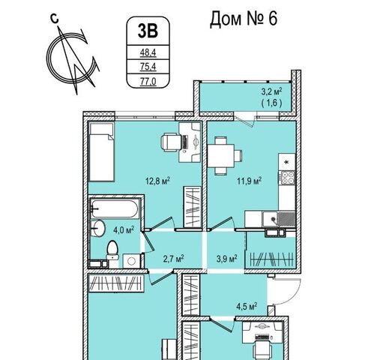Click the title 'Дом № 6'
[243, 19]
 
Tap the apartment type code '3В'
[148, 31]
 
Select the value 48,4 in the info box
[148, 52]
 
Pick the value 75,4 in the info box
[148, 67]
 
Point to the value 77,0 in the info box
[148, 81]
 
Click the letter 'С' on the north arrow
[55, 19]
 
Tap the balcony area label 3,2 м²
[271, 91]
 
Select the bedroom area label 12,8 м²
[157, 181]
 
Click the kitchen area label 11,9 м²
[249, 181]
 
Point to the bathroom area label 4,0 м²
[124, 229]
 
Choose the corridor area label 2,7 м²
[174, 259]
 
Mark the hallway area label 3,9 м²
[226, 259]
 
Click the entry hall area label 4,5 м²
[247, 306]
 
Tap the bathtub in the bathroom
[115, 209]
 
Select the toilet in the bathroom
[112, 250]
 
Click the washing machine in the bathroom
[131, 261]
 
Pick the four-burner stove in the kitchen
[287, 178]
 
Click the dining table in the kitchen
[221, 156]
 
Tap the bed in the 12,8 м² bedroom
[102, 151]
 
